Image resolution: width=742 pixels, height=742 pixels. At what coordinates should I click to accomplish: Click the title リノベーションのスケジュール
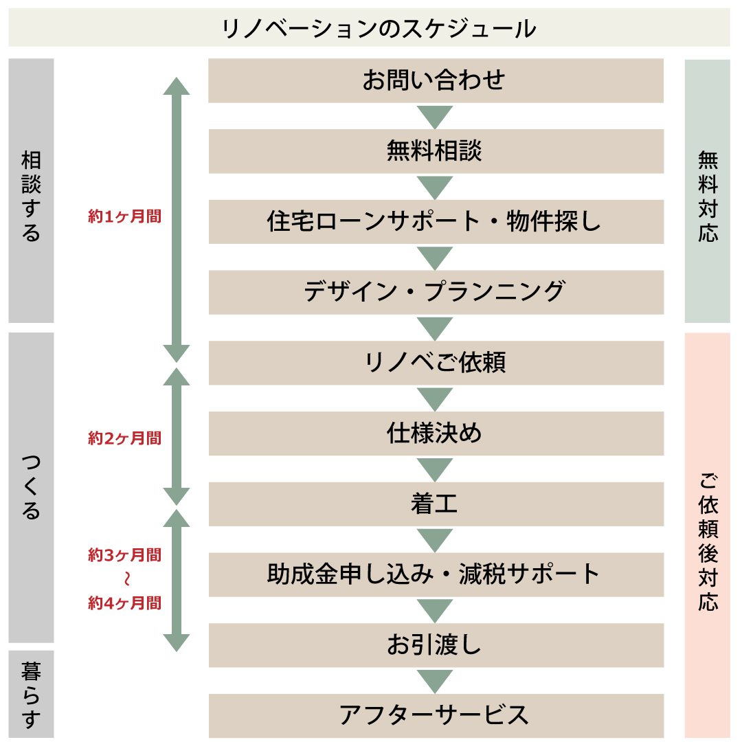pos(379,29)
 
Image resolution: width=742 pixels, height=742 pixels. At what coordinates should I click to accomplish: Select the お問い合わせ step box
pos(436,80)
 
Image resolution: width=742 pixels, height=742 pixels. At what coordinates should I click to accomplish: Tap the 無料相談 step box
pos(436,151)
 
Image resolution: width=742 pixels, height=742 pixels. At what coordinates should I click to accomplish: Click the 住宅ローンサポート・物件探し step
pos(436,221)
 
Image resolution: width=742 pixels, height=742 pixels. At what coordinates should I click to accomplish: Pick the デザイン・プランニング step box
pos(436,292)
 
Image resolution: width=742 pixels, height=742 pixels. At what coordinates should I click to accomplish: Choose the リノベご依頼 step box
pos(436,363)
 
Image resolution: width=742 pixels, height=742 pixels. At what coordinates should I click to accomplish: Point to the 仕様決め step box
pos(436,433)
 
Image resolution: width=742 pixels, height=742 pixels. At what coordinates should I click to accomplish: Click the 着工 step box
pos(436,504)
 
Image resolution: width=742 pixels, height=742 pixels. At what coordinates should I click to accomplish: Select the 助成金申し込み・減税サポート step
pos(436,574)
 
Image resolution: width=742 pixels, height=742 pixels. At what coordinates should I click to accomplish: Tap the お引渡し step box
pos(436,645)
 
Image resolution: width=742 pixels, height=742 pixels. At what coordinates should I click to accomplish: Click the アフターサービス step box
pos(436,715)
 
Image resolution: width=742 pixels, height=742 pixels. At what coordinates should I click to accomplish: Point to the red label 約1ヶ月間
pos(125,216)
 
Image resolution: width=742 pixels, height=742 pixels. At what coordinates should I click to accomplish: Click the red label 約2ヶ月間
pos(125,438)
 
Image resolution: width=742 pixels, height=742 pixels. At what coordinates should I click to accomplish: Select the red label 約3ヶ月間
pos(125,554)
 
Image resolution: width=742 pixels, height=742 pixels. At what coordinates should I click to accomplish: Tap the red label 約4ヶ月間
pos(125,603)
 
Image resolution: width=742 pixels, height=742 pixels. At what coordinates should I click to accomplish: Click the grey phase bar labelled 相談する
pos(31,191)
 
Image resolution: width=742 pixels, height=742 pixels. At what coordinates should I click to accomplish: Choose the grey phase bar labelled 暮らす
pos(31,694)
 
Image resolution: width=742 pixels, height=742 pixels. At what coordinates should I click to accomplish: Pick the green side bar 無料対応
pos(708,191)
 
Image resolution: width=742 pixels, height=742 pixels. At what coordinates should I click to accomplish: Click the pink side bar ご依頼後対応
pos(708,535)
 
